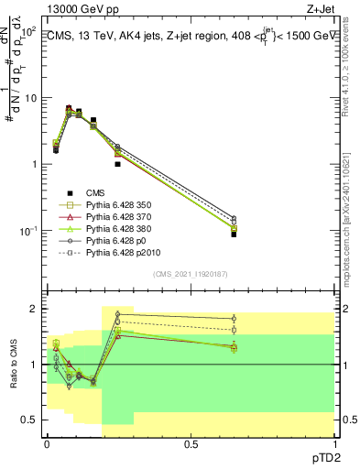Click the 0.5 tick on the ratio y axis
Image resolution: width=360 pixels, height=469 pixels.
[x=29, y=420]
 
